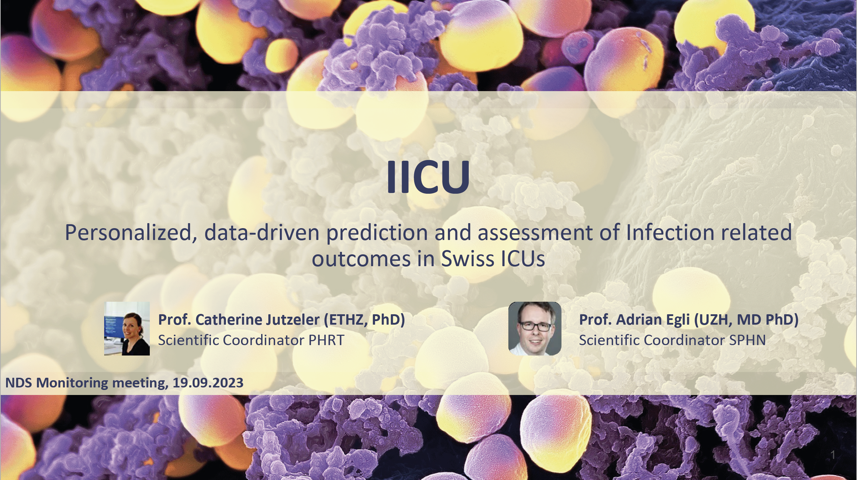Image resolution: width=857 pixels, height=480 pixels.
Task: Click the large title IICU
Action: [428, 177]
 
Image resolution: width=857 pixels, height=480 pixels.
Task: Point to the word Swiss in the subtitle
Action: [466, 258]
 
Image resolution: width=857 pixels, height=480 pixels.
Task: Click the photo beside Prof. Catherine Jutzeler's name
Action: [127, 329]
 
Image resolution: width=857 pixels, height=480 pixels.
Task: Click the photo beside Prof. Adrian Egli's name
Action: [535, 329]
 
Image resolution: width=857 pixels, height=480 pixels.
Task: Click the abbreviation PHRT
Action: [326, 340]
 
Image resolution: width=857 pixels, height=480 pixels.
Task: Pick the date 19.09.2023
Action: [208, 383]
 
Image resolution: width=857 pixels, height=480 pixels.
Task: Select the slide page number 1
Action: [833, 455]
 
